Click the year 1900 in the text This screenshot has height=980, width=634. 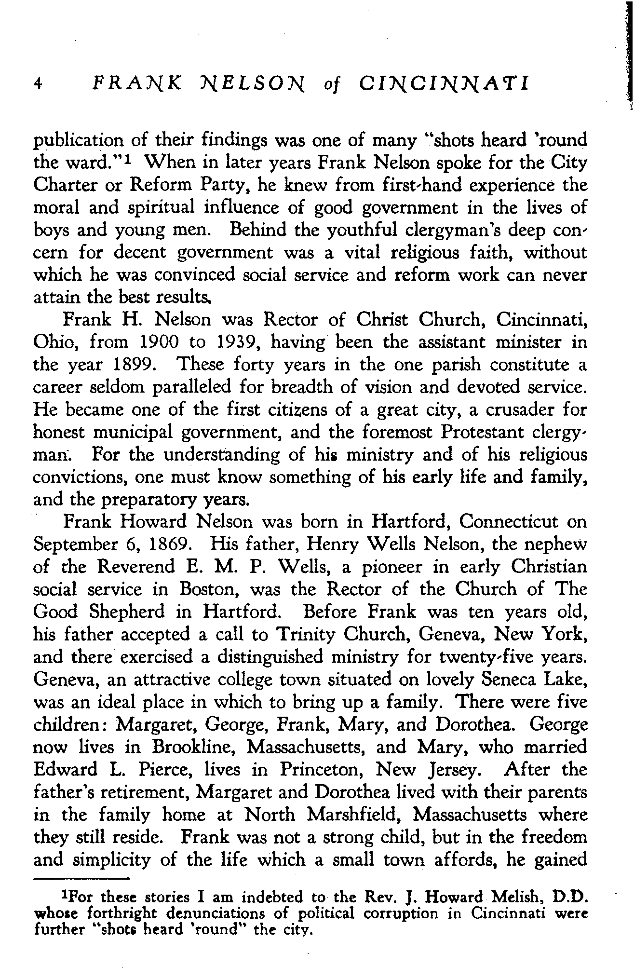click(159, 342)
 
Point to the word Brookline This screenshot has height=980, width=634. click(194, 747)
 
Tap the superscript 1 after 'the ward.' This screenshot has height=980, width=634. click(128, 159)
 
